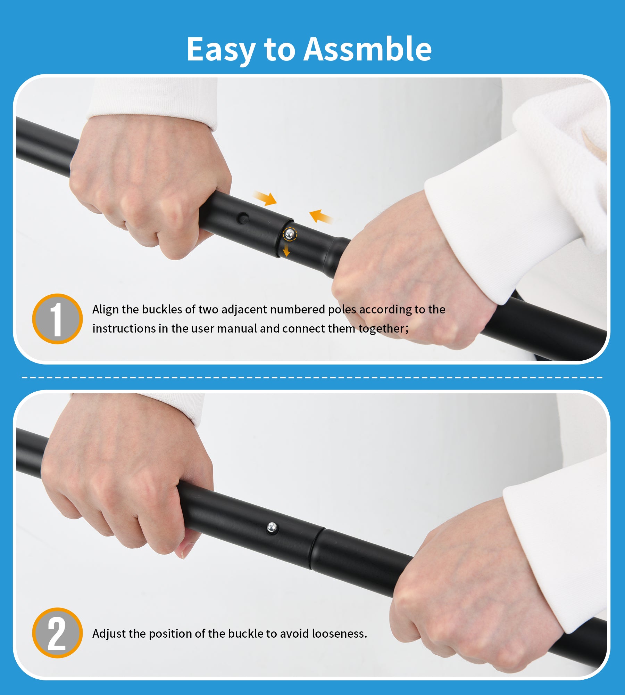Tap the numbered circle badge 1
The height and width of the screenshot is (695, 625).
click(x=57, y=319)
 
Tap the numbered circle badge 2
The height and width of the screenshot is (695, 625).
click(x=57, y=633)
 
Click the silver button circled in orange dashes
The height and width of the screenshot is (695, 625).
click(x=290, y=234)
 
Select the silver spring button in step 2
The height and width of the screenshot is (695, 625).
click(x=272, y=528)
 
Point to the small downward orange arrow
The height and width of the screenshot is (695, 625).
click(x=286, y=250)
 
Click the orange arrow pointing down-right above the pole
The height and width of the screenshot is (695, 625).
click(x=265, y=198)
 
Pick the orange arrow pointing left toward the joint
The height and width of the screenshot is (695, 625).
click(x=321, y=216)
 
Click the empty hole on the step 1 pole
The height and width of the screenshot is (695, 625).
click(x=243, y=218)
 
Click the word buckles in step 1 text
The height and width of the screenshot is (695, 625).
click(x=162, y=309)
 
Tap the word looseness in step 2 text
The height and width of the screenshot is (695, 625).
click(x=339, y=633)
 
